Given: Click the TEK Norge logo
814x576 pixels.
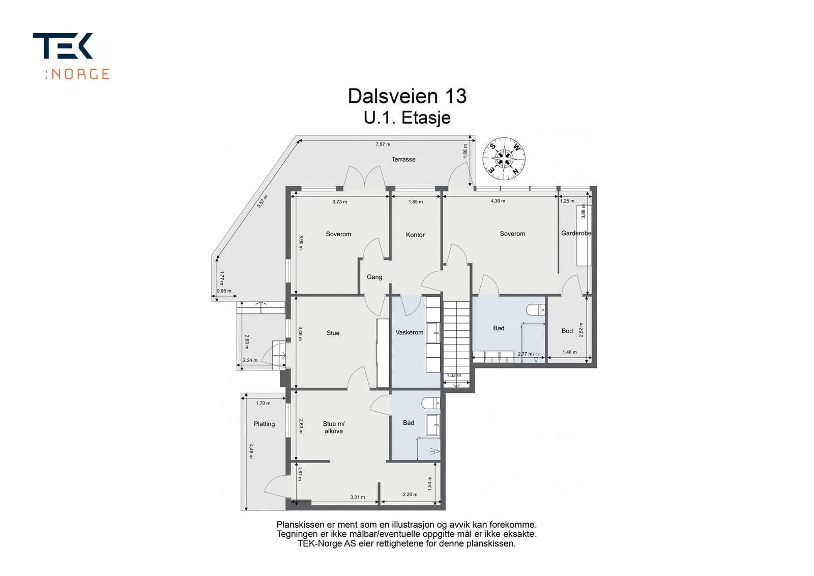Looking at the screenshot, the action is click(x=71, y=56).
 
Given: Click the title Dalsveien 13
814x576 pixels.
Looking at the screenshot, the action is click(x=407, y=96).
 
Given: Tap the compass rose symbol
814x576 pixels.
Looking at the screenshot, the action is click(x=504, y=159).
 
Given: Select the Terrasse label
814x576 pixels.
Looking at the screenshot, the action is click(x=403, y=159).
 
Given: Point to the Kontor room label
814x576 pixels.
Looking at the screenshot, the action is click(x=415, y=235).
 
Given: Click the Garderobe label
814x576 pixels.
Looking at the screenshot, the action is click(x=576, y=234).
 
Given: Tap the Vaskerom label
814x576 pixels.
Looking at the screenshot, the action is click(x=409, y=332).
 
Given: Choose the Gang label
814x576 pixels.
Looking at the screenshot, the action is click(x=374, y=277).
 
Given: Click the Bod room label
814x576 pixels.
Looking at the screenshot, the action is click(x=567, y=331).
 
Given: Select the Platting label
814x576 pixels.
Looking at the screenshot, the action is click(x=264, y=424).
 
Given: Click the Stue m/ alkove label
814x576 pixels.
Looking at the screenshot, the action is click(x=334, y=427).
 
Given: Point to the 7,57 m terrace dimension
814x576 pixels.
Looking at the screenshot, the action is click(x=383, y=145).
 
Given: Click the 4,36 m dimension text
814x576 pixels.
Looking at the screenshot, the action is click(x=498, y=201).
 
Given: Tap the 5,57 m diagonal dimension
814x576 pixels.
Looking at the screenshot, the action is click(x=263, y=201).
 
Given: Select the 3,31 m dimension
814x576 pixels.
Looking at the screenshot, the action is click(x=358, y=497).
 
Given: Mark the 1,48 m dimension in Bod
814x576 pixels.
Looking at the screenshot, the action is click(x=569, y=352).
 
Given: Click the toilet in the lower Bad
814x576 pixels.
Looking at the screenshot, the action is click(x=431, y=403).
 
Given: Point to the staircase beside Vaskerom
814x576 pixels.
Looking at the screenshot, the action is click(x=456, y=341).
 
